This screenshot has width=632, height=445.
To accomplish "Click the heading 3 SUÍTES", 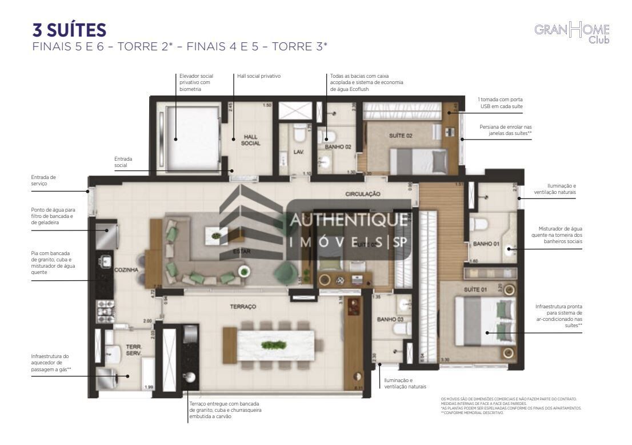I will click(70, 30).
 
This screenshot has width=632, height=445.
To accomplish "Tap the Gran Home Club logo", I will click(572, 33).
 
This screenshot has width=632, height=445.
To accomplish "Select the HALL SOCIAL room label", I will click(251, 140).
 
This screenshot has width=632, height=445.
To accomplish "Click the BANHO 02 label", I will click(337, 146).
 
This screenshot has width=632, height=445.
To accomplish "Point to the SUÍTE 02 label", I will click(400, 136).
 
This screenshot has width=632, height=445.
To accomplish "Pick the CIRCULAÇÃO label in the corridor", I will click(362, 194).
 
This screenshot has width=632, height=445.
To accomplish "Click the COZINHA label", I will click(127, 270).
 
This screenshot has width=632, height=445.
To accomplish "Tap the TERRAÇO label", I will click(243, 307).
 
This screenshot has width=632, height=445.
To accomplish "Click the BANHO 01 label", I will click(485, 244).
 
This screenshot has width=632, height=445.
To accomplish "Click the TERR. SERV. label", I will click(134, 350).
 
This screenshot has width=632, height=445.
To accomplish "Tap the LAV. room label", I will click(298, 152).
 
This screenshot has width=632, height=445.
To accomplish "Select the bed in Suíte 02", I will click(418, 160).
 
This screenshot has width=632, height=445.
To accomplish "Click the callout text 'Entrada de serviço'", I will click(44, 180).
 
